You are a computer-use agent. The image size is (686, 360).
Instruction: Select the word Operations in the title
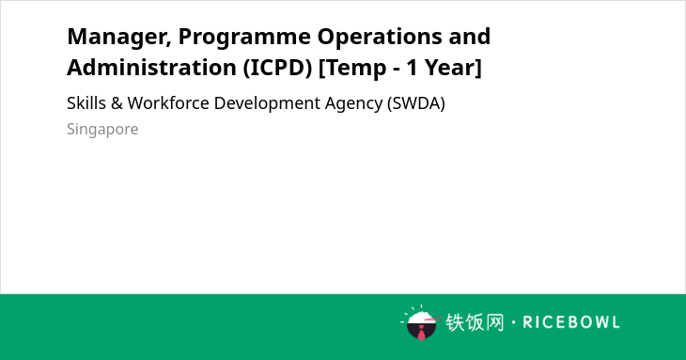tap(380, 38)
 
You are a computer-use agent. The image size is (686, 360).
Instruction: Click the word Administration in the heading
tap(152, 68)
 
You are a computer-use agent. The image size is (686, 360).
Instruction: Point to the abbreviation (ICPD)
tap(278, 68)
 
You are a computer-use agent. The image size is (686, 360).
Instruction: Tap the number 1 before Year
tap(413, 68)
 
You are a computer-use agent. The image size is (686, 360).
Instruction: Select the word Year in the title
tap(453, 68)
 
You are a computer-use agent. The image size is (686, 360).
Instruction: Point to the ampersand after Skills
tap(117, 103)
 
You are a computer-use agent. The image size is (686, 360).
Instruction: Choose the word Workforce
tap(168, 103)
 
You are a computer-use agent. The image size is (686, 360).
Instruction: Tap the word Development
tap(267, 104)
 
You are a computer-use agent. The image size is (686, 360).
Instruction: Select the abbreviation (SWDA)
tap(416, 103)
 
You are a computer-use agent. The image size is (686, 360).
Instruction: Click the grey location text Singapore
tap(102, 130)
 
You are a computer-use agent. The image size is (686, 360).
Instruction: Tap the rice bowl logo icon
tap(420, 322)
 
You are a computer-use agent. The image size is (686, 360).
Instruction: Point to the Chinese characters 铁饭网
tap(475, 322)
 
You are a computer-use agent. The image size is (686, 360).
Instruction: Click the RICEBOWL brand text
tap(571, 322)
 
